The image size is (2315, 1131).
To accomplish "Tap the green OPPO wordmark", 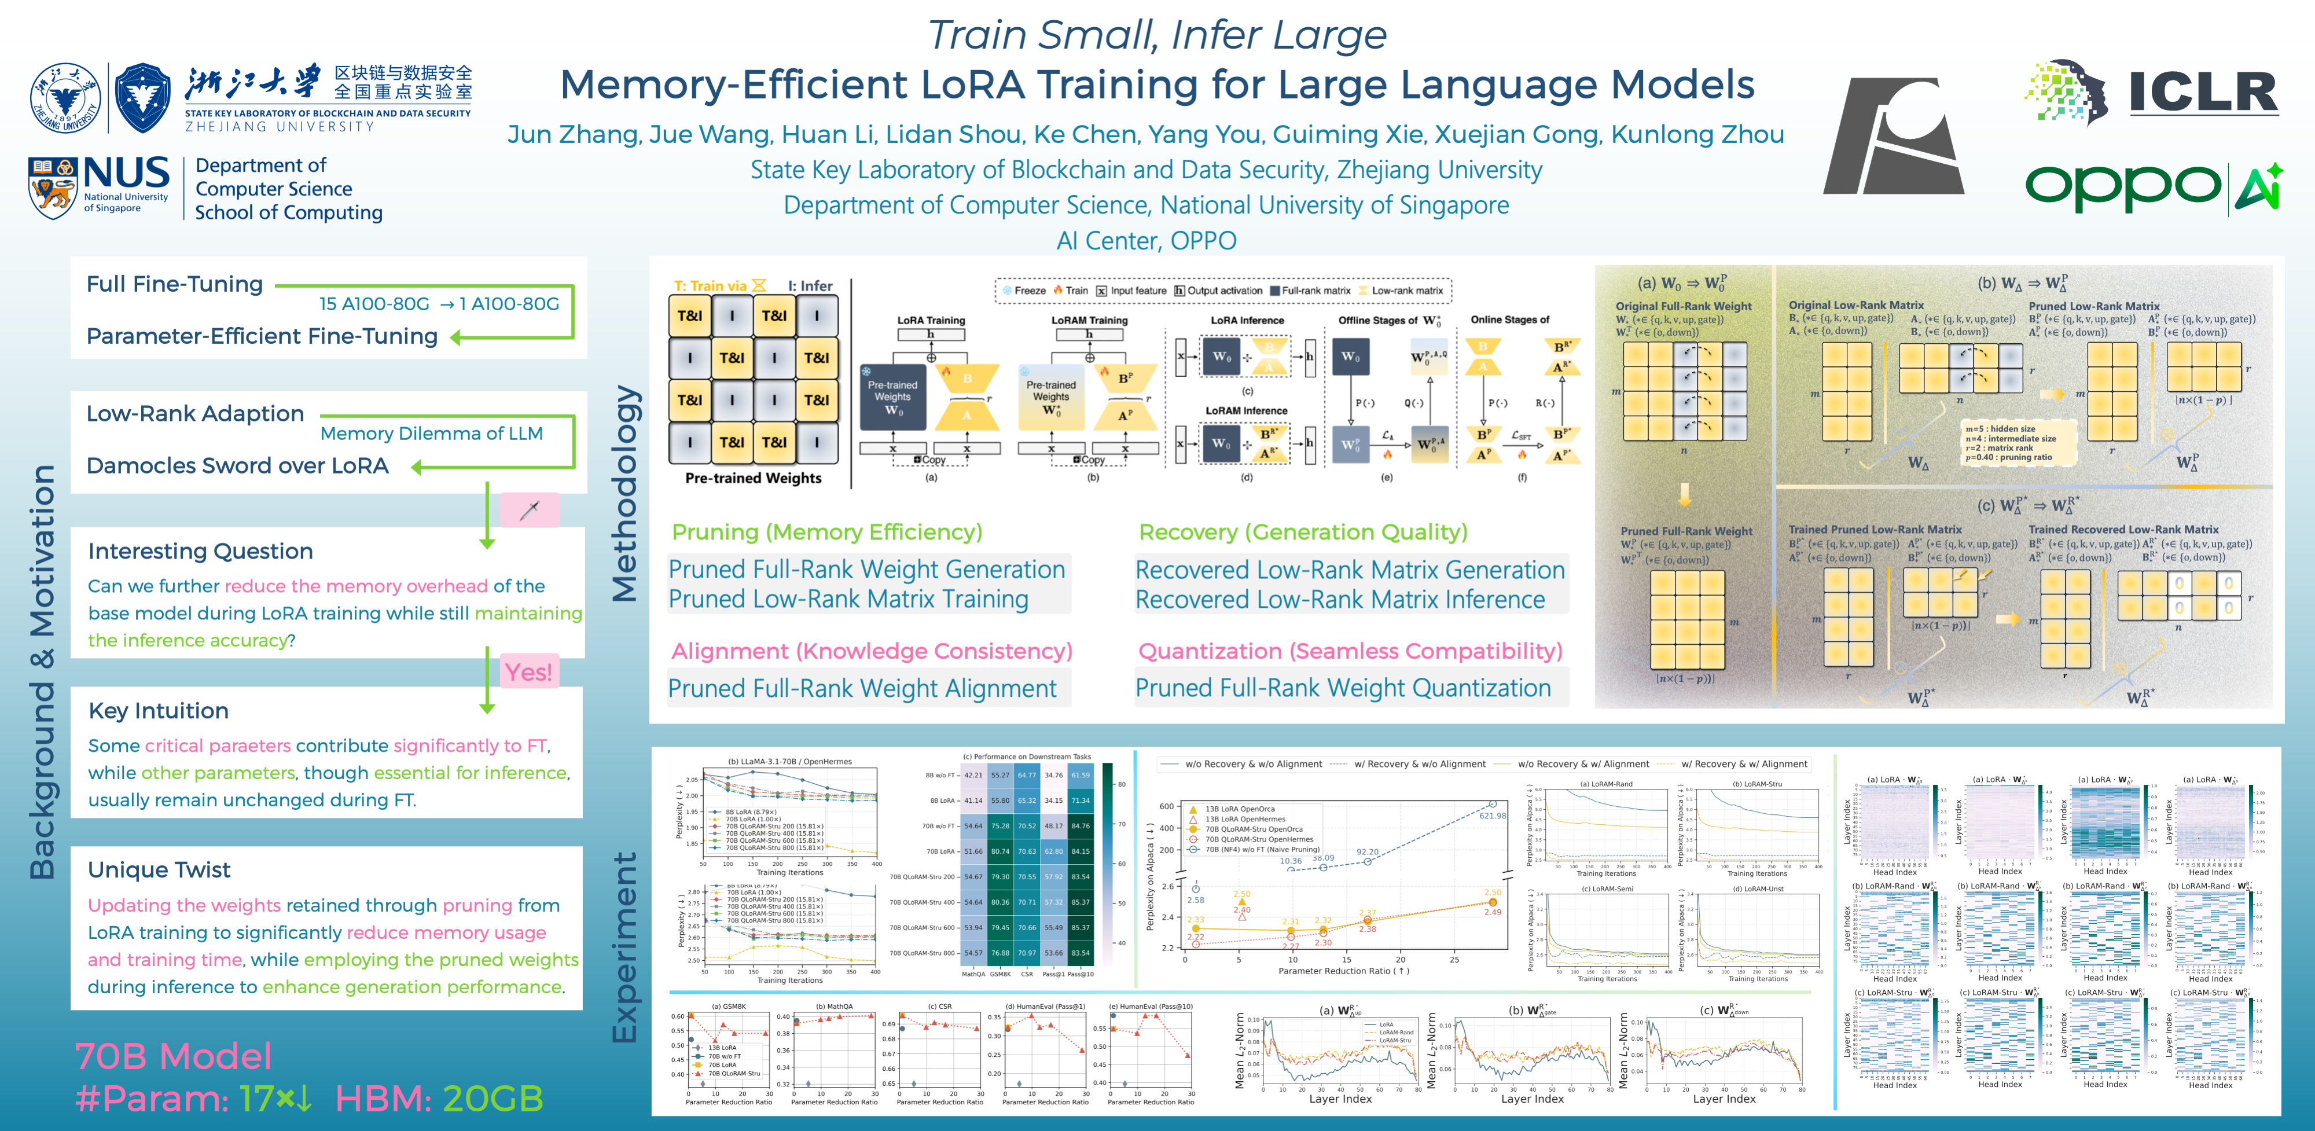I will (2122, 186).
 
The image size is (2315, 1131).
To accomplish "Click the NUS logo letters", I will (127, 174).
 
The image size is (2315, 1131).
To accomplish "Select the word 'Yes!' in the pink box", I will (528, 673).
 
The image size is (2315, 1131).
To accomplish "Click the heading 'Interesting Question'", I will (200, 551).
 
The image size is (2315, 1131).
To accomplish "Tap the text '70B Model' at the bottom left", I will (172, 1056).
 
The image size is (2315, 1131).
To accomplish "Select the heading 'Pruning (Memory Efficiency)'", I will (827, 533).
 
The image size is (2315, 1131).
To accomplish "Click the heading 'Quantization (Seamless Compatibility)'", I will (1350, 651).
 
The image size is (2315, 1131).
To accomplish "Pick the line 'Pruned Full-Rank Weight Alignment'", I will (862, 689).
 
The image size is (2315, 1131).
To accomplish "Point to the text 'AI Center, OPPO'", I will (1146, 241).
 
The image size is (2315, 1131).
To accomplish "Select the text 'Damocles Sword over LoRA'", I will (237, 466).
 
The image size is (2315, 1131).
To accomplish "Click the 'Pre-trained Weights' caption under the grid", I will (753, 478).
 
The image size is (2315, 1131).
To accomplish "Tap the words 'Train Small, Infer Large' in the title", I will (1156, 36).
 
